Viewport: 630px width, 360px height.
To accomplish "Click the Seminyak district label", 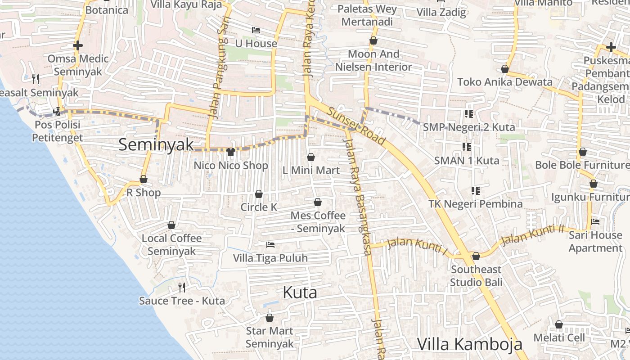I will (156, 144).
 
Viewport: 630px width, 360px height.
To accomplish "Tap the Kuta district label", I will (300, 292).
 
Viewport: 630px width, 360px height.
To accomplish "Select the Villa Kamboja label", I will (470, 344).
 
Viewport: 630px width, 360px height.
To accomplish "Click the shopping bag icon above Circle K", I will (259, 194).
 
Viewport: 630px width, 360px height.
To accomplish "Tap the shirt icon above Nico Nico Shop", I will (231, 152).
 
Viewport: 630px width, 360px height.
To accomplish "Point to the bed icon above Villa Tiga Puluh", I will (270, 245).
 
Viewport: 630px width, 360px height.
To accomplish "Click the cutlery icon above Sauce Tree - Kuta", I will (182, 287).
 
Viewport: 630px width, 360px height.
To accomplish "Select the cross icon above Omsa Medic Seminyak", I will (78, 45).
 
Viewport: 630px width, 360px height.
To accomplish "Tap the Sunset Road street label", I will (356, 126).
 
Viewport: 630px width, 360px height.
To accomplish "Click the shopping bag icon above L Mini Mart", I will (310, 157).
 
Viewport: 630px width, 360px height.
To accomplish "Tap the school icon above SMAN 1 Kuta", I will (467, 147).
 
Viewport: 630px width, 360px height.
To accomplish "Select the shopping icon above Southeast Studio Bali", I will (476, 256).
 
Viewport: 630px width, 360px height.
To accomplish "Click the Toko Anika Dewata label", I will (504, 82).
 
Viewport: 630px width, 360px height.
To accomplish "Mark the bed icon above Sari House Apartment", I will (595, 222).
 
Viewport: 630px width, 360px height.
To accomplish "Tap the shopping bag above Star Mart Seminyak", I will (270, 318).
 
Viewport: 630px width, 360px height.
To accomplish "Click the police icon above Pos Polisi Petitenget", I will (57, 111).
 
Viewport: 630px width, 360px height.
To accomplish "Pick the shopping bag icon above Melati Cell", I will (559, 324).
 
